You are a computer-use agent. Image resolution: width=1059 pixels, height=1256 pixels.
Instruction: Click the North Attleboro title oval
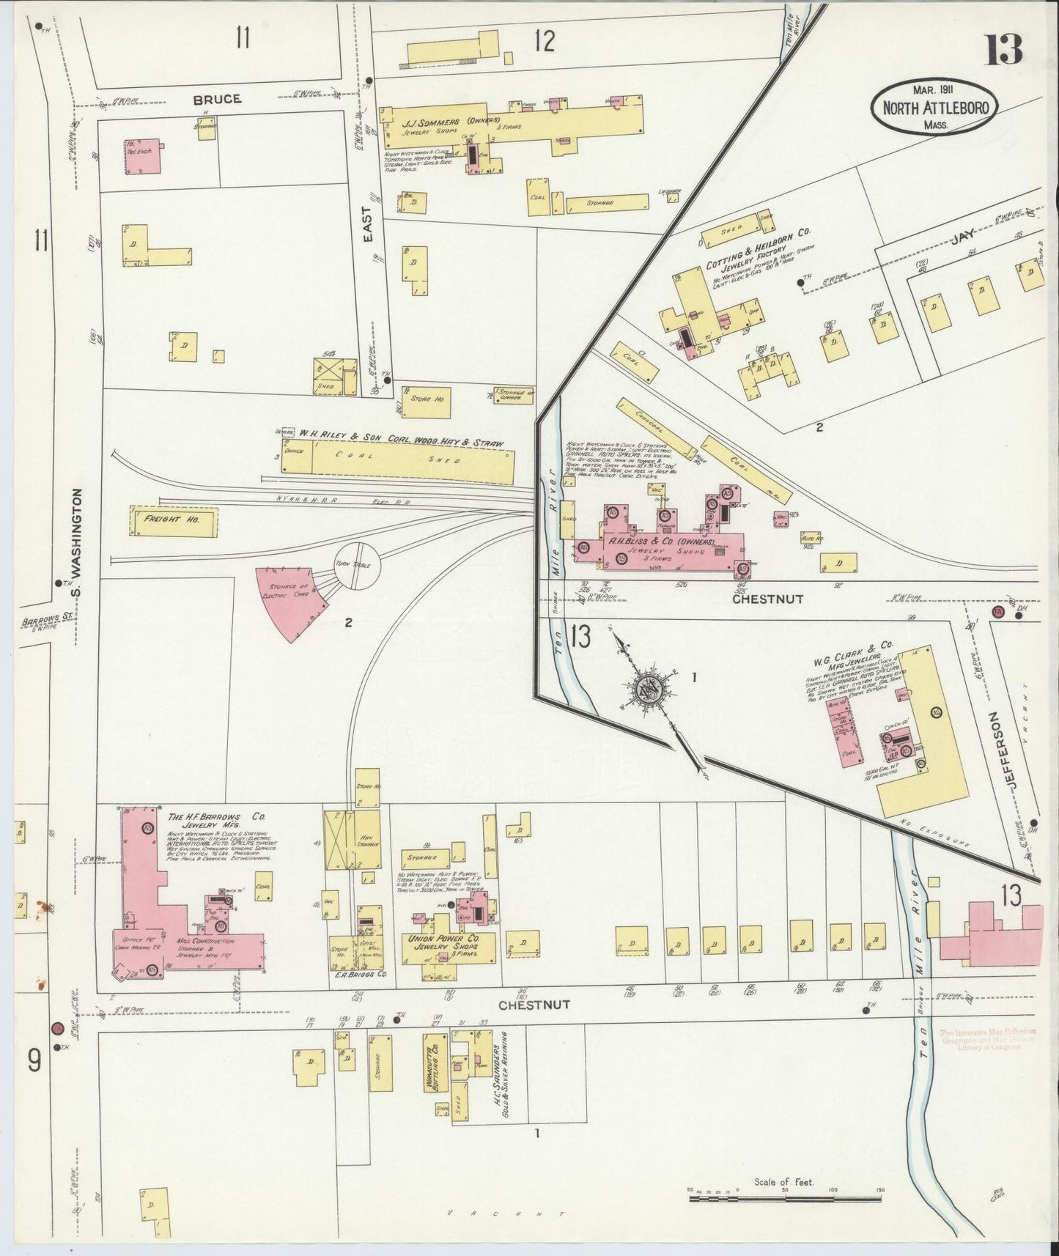pyautogui.click(x=934, y=108)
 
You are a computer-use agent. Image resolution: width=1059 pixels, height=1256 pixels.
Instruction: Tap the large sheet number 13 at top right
pyautogui.click(x=1003, y=50)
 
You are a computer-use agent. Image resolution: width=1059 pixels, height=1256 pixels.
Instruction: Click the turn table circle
pyautogui.click(x=358, y=566)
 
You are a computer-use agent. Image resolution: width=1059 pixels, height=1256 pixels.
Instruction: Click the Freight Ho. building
pyautogui.click(x=174, y=520)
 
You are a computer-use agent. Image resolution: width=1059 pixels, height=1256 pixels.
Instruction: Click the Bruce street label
pyautogui.click(x=217, y=99)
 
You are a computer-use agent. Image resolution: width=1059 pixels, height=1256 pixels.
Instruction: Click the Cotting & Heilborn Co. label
pyautogui.click(x=757, y=248)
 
